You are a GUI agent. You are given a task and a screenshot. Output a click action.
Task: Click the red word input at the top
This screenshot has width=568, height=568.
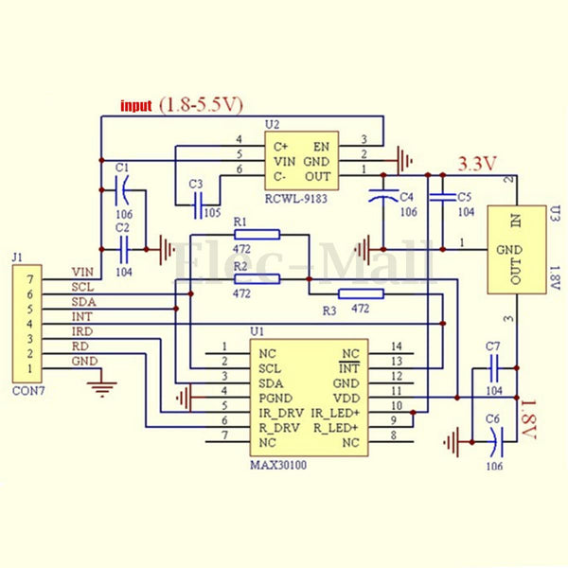(x=135, y=106)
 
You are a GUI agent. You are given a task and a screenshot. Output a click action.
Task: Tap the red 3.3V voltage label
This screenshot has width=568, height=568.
(x=478, y=164)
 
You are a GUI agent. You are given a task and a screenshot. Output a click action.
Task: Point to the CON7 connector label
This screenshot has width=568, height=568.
(x=26, y=388)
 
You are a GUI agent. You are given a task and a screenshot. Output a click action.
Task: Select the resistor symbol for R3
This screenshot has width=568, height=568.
(x=361, y=293)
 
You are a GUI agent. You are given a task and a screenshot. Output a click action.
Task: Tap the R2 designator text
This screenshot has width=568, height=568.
(x=240, y=267)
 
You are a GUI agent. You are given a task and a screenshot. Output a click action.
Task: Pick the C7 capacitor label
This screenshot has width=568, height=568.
(x=491, y=346)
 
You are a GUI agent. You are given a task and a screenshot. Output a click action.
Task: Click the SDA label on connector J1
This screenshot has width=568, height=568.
(x=82, y=301)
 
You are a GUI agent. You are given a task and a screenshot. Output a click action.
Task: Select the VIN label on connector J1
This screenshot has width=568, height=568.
(x=82, y=272)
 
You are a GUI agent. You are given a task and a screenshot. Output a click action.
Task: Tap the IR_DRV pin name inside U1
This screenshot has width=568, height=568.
(x=280, y=413)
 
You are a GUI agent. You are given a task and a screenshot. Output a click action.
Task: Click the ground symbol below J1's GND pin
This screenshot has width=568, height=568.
(x=101, y=383)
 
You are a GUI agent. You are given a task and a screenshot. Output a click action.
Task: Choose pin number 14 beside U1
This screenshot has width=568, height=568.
(x=396, y=346)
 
